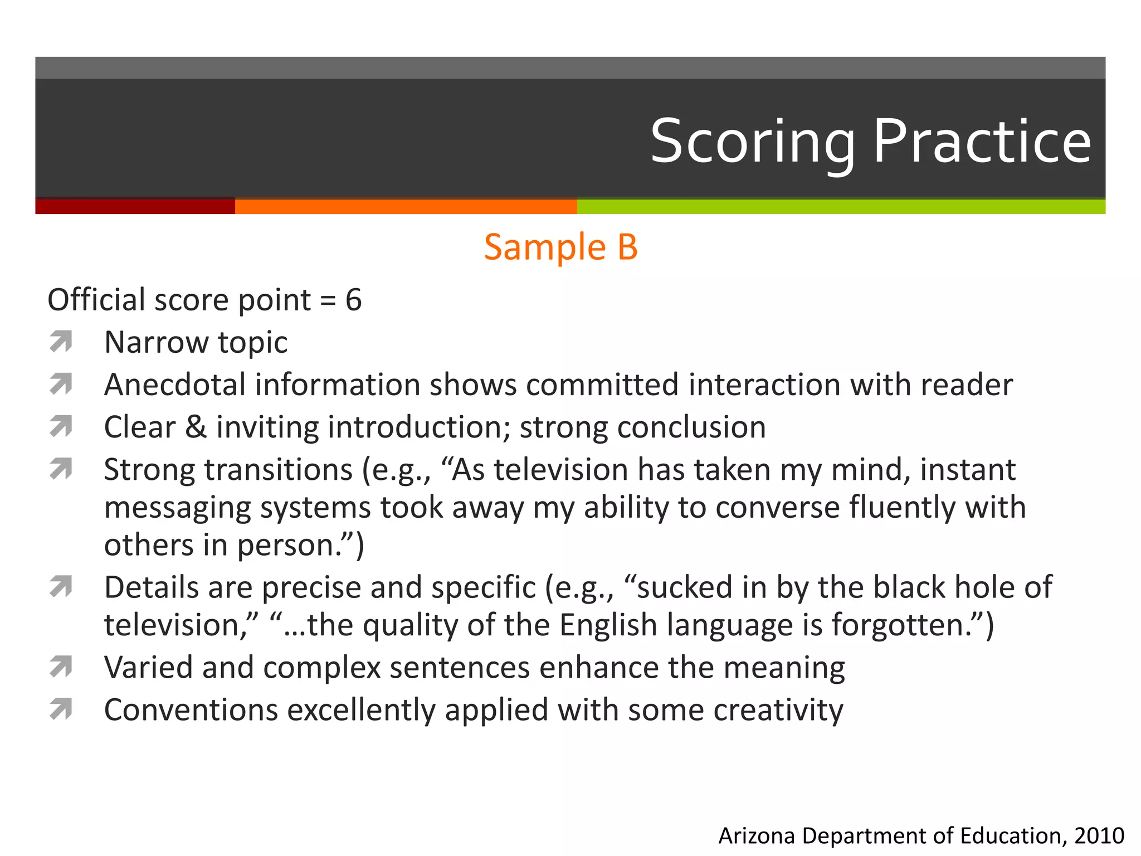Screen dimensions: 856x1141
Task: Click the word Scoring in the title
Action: pos(752,142)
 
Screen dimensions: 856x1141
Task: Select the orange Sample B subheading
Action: pos(560,247)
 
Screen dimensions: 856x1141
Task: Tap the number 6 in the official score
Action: pos(354,300)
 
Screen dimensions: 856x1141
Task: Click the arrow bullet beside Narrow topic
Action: pos(61,342)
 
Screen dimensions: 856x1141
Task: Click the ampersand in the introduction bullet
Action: pos(196,427)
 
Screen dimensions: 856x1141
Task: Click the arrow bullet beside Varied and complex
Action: pos(61,667)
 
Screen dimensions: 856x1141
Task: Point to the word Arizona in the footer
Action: pos(757,836)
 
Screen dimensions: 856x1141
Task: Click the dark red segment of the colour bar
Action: pos(135,206)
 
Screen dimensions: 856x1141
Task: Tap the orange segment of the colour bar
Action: pos(406,206)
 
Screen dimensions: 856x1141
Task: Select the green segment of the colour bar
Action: pos(841,206)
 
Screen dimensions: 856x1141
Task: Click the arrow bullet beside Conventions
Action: pos(61,709)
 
